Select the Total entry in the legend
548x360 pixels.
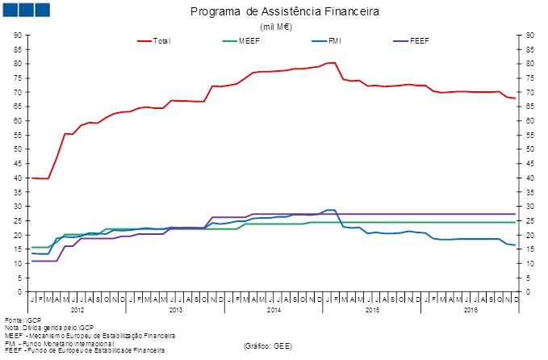(161, 40)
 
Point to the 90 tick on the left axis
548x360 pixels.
(18, 36)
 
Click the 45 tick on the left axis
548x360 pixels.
(18, 163)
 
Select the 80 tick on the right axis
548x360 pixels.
(529, 64)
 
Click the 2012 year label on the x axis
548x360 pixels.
(77, 309)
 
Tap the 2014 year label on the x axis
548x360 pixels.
(273, 309)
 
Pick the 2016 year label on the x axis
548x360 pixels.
(469, 309)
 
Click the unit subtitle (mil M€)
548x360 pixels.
(276, 27)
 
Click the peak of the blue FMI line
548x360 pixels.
(329, 210)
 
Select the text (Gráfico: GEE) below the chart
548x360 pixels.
(267, 345)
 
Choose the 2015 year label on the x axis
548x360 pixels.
(371, 309)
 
